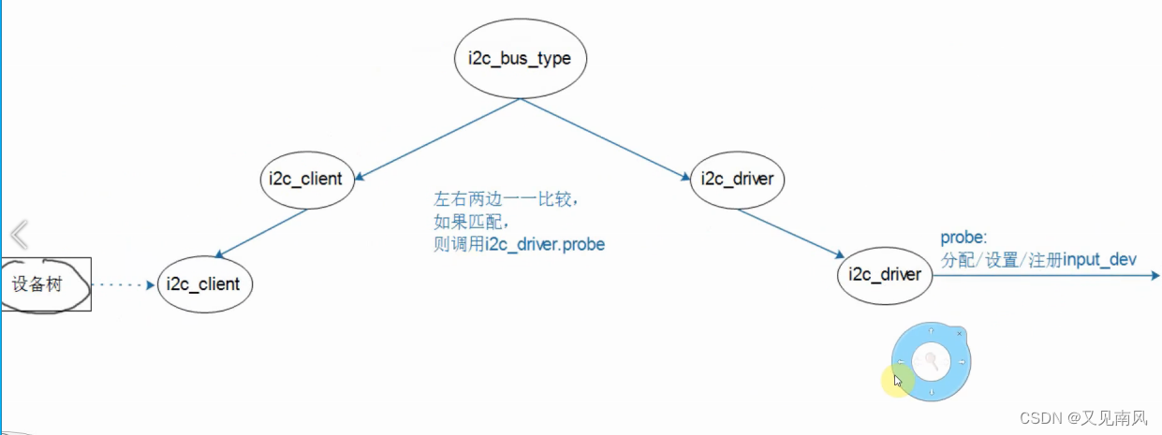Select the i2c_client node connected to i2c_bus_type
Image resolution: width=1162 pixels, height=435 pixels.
tap(306, 178)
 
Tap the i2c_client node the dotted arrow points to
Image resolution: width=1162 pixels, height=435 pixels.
tap(203, 283)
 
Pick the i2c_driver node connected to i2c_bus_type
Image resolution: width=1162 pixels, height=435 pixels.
tap(737, 178)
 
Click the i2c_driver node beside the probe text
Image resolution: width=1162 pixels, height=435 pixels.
tap(885, 274)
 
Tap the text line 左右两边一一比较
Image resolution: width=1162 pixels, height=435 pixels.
tap(512, 200)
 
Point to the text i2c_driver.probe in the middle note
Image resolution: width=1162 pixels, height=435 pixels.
tap(545, 244)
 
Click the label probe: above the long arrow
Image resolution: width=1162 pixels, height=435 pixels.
tap(963, 239)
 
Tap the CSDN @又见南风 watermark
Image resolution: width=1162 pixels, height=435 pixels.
tap(1086, 416)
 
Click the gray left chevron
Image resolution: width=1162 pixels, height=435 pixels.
tap(20, 234)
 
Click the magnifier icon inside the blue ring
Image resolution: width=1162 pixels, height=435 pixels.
tap(931, 361)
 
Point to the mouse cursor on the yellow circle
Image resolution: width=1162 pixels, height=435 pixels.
tap(898, 381)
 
